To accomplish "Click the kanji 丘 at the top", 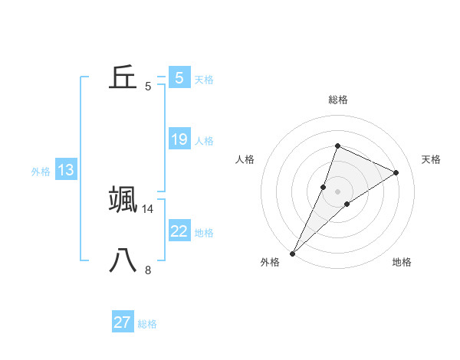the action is (123, 77).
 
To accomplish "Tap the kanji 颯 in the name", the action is (123, 199).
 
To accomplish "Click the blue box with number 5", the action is (179, 78).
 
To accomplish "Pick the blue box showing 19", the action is (179, 139).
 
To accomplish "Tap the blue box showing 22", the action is (179, 231).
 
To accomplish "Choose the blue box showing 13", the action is (66, 170).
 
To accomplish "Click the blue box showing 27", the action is (123, 322).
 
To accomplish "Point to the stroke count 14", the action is (148, 208).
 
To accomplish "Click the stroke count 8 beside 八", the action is (148, 270).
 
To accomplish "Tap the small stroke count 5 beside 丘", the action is (148, 87).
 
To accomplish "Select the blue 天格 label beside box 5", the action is (204, 80).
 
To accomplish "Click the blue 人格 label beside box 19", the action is (204, 141).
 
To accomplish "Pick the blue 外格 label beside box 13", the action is (41, 172).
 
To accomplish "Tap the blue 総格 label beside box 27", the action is (147, 324).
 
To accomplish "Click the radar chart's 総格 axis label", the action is (337, 100).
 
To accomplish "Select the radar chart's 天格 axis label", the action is (431, 159).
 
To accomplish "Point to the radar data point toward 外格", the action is (293, 253).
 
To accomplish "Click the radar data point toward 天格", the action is (396, 173).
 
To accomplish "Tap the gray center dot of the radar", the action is (337, 191).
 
